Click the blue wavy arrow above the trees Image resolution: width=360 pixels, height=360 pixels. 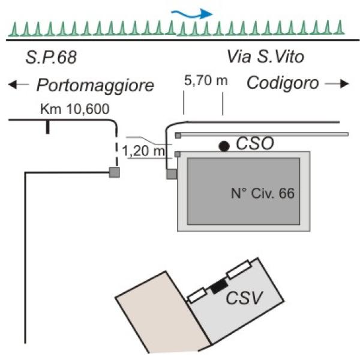(x=193, y=14)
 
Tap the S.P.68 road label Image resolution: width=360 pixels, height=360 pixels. (x=51, y=57)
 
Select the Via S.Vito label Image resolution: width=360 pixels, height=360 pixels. (x=265, y=56)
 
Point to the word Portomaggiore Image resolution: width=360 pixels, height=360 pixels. (x=95, y=85)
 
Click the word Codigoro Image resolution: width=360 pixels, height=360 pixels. (x=283, y=83)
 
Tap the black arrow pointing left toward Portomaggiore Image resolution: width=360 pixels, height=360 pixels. (x=19, y=85)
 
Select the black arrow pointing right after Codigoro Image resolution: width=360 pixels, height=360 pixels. (x=337, y=84)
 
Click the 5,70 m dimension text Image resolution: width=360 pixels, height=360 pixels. (x=206, y=81)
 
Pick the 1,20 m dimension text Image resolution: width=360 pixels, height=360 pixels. (x=143, y=151)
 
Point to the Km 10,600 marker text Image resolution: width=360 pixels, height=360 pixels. (x=74, y=109)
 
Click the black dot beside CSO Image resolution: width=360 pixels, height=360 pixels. (x=224, y=146)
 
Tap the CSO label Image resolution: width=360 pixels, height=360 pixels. (x=255, y=143)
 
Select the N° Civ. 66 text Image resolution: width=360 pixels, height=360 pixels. (x=263, y=193)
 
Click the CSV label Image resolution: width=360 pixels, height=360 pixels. (x=244, y=298)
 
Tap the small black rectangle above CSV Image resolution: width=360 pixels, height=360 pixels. (x=219, y=286)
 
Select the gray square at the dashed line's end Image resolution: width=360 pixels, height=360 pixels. (x=115, y=172)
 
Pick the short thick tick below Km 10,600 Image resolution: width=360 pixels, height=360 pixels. (x=47, y=127)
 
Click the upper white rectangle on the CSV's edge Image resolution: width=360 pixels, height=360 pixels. (x=238, y=269)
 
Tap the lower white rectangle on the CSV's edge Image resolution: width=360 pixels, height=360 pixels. (x=197, y=295)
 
